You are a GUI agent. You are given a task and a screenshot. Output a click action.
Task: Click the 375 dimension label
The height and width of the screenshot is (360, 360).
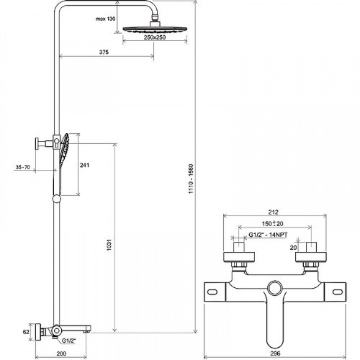[104, 52]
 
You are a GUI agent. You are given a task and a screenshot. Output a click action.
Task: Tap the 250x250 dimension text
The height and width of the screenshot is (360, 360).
[155, 37]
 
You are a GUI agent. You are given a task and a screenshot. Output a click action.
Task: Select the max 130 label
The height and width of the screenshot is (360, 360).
[106, 19]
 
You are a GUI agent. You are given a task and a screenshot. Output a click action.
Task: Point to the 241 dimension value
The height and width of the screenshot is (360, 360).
[84, 165]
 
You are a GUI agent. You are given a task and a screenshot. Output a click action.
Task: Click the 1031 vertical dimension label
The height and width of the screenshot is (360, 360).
[109, 245]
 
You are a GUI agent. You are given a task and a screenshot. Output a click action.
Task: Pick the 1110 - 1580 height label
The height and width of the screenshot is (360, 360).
[191, 179]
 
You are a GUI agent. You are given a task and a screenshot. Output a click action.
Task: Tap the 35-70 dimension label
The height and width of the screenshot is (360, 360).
[23, 167]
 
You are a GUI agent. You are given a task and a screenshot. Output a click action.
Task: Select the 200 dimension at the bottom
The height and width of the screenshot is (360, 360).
[61, 354]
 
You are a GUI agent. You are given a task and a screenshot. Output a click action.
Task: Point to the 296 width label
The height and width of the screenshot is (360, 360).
[275, 354]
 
